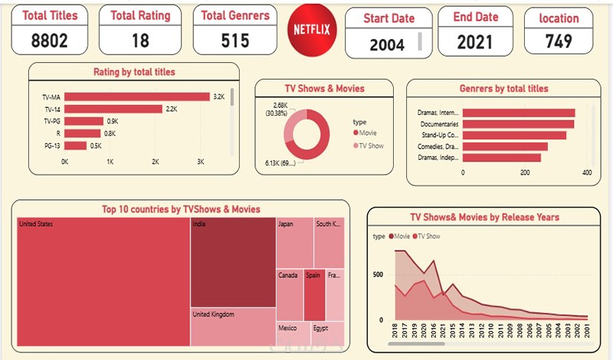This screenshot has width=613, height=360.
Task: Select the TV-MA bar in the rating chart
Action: point(137,97)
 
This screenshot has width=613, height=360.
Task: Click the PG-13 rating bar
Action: point(75,146)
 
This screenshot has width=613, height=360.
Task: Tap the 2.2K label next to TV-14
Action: point(171,109)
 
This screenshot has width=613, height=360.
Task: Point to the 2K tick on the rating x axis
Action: point(156,162)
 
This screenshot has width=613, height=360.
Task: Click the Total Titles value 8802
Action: point(49,41)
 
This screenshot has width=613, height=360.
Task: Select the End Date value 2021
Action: point(475,43)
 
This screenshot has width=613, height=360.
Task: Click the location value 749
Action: point(559,43)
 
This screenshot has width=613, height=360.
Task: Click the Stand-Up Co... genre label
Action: point(439,135)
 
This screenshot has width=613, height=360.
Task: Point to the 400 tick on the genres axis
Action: point(587,173)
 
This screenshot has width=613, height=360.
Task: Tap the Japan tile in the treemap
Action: point(294,242)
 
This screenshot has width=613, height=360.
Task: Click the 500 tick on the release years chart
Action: point(377,273)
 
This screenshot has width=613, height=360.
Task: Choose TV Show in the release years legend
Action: point(428,237)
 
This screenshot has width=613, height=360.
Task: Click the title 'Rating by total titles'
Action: point(134,72)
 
